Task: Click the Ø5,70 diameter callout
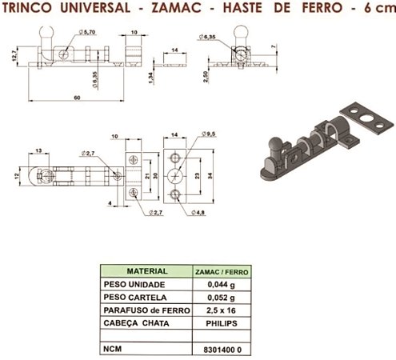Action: pyautogui.click(x=88, y=32)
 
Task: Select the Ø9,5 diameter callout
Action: pyautogui.click(x=210, y=133)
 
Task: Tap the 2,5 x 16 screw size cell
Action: pyautogui.click(x=219, y=310)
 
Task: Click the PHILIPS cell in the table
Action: pyautogui.click(x=219, y=322)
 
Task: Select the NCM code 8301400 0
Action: pyautogui.click(x=219, y=349)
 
